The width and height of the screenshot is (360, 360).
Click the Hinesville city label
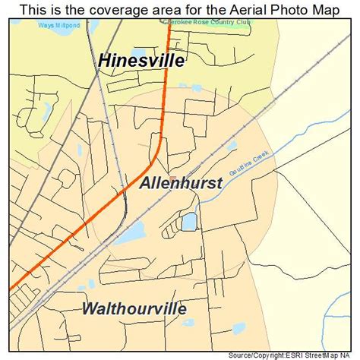click(x=141, y=61)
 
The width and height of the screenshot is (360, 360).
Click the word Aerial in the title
click(x=237, y=9)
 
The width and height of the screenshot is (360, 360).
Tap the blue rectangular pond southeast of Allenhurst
click(x=188, y=222)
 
